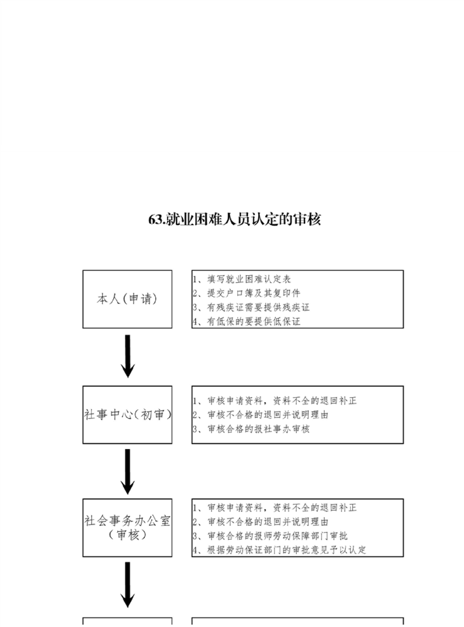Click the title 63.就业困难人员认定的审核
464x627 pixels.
[235, 219]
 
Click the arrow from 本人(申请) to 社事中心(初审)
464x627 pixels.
[128, 356]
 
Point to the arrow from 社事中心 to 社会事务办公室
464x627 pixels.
[128, 471]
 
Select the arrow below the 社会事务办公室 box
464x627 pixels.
[128, 584]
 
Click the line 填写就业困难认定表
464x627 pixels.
[242, 279]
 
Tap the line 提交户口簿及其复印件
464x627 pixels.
[247, 293]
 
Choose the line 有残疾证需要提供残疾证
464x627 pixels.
[251, 307]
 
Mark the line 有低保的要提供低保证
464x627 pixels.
[247, 321]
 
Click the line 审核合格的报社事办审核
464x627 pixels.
[251, 429]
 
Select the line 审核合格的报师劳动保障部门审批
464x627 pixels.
[270, 536]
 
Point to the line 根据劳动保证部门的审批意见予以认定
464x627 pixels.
[280, 550]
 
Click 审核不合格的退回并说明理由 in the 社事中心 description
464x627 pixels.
[261, 415]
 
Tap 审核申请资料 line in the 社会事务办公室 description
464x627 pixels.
[275, 508]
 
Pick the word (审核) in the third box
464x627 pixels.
[128, 535]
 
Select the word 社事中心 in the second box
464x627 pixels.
[107, 415]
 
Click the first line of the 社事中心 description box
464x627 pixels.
[275, 401]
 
